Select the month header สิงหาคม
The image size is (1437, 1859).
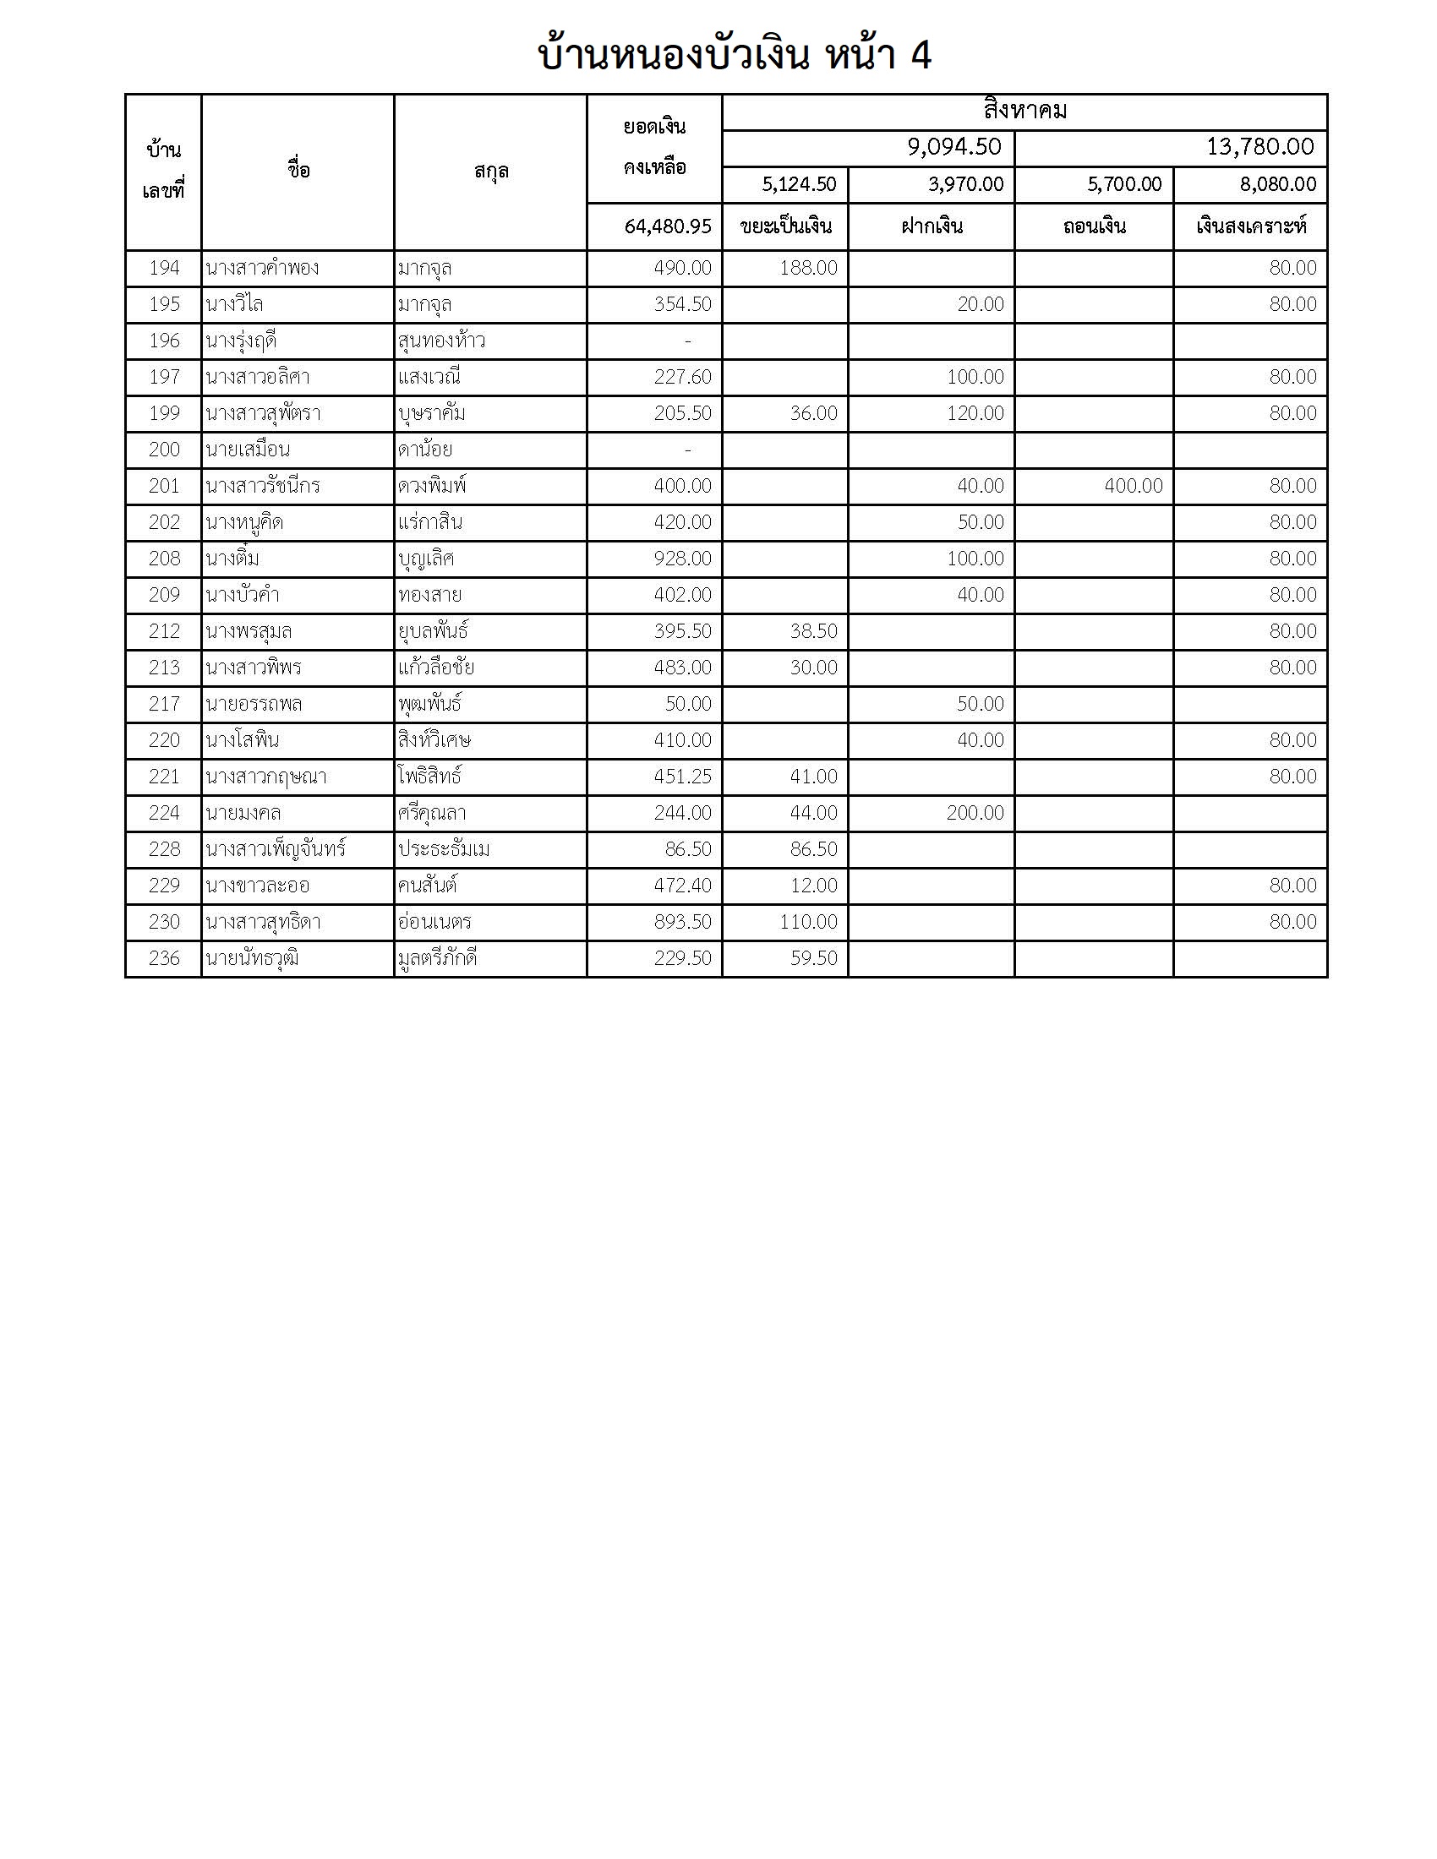tap(1024, 112)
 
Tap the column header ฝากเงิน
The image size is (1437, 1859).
tap(932, 226)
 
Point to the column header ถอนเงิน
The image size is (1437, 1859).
tap(1094, 226)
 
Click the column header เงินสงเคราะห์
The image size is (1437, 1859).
tap(1249, 226)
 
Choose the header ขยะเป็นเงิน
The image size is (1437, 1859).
tap(785, 226)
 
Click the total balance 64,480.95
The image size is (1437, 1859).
tap(667, 226)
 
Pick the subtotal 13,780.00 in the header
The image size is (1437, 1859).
tap(1259, 147)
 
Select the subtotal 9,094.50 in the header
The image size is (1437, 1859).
tap(953, 147)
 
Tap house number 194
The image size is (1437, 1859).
tap(164, 268)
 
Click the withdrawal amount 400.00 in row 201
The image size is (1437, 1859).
tap(1133, 486)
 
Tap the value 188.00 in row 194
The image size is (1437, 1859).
tap(808, 268)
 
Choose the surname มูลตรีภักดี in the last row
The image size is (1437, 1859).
tap(437, 958)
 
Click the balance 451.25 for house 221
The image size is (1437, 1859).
tap(682, 777)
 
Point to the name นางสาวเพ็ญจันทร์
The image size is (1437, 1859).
tap(275, 849)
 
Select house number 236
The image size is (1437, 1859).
tap(164, 958)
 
